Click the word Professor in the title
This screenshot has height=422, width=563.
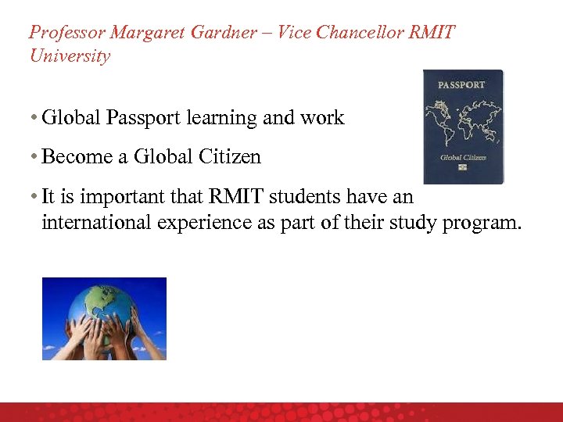[x=66, y=33]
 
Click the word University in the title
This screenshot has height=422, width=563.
[x=70, y=56]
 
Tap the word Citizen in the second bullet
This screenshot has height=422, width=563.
[x=229, y=156]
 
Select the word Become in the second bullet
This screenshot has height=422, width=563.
[x=77, y=156]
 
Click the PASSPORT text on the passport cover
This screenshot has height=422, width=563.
[x=461, y=85]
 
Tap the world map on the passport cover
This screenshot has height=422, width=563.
[x=462, y=121]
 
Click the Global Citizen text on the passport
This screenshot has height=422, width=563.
[x=462, y=156]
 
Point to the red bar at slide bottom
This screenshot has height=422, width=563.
[x=281, y=412]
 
